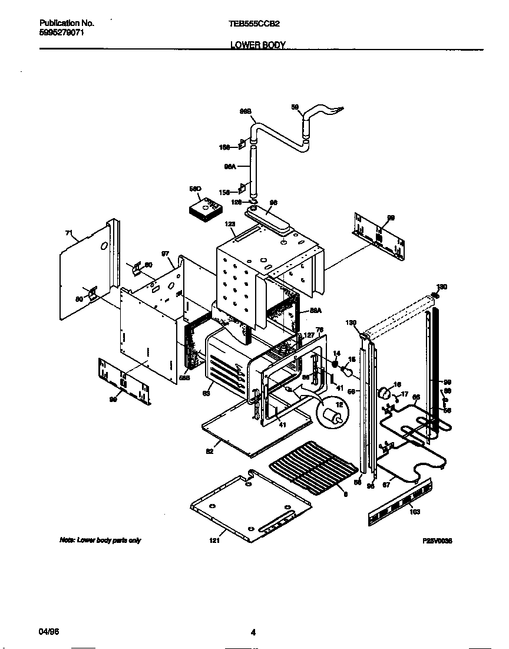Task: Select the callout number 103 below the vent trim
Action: click(414, 512)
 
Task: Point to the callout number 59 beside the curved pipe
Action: click(296, 107)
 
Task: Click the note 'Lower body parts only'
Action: click(100, 540)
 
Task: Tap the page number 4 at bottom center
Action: click(253, 633)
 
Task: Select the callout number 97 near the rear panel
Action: click(166, 254)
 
